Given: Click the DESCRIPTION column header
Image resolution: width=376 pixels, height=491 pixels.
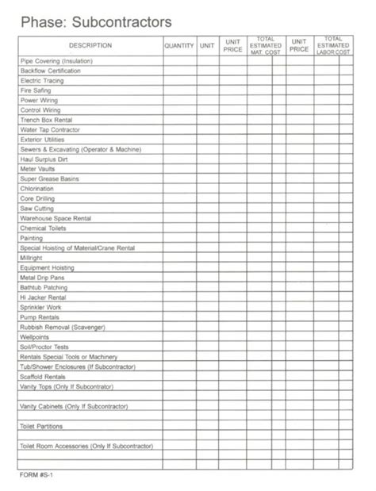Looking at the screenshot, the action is click(90, 45).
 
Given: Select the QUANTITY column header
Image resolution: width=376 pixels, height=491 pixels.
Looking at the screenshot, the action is click(179, 45).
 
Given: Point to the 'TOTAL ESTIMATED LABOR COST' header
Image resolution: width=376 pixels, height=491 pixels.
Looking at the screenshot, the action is click(334, 45).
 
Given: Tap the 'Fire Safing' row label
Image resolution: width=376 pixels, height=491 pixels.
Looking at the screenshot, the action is click(36, 90).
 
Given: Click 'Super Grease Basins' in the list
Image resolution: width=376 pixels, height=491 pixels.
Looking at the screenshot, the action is click(48, 179).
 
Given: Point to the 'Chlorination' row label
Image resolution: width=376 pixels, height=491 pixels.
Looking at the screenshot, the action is click(38, 189).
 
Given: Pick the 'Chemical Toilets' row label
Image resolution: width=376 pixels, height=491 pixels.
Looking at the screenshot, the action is click(44, 228).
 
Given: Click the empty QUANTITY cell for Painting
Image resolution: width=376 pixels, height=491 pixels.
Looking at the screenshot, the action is click(179, 238).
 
